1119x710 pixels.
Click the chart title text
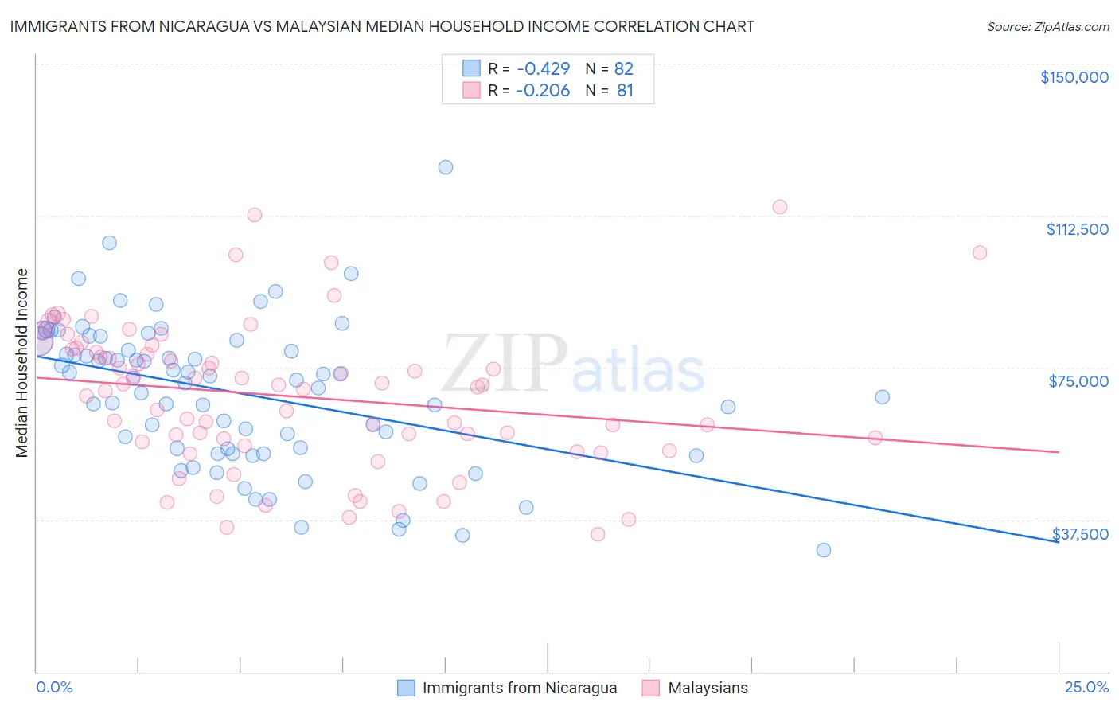[x=381, y=26]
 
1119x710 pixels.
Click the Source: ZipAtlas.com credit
[x=1047, y=26]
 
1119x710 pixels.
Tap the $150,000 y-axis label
[x=1074, y=77]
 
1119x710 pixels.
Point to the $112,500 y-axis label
[x=1077, y=229]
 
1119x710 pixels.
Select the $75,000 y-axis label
[x=1078, y=381]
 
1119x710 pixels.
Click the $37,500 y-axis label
[x=1080, y=533]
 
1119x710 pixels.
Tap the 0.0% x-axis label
[x=54, y=687]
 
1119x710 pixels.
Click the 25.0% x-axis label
[x=1086, y=687]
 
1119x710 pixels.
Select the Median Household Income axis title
[x=21, y=363]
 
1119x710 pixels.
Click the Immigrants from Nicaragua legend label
[x=519, y=688]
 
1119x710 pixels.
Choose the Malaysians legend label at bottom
[x=708, y=688]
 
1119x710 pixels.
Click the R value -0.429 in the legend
[x=543, y=68]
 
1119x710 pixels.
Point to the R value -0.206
[x=543, y=91]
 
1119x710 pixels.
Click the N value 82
[x=624, y=68]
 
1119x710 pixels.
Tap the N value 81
[x=625, y=91]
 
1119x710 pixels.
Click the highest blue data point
[x=446, y=167]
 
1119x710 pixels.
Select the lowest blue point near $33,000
[x=824, y=550]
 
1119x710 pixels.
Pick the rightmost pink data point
[x=980, y=252]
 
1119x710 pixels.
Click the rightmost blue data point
[x=882, y=396]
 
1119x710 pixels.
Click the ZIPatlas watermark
[x=573, y=364]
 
